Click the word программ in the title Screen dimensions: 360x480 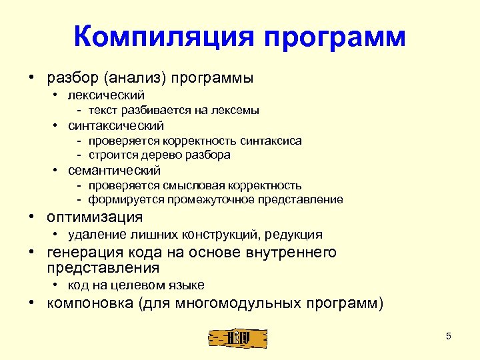335,38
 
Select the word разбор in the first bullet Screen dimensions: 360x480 70,78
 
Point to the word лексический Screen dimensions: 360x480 107,95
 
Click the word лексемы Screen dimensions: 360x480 237,110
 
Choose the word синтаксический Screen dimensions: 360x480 116,125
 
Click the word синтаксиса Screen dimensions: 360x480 270,141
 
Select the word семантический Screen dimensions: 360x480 115,170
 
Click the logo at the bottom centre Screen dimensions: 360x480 237,337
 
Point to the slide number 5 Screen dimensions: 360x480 448,336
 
